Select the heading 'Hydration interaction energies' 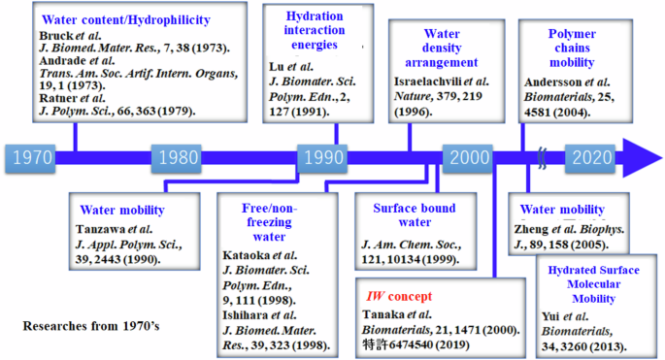pyautogui.click(x=314, y=31)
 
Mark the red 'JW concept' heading pyautogui.click(x=399, y=296)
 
